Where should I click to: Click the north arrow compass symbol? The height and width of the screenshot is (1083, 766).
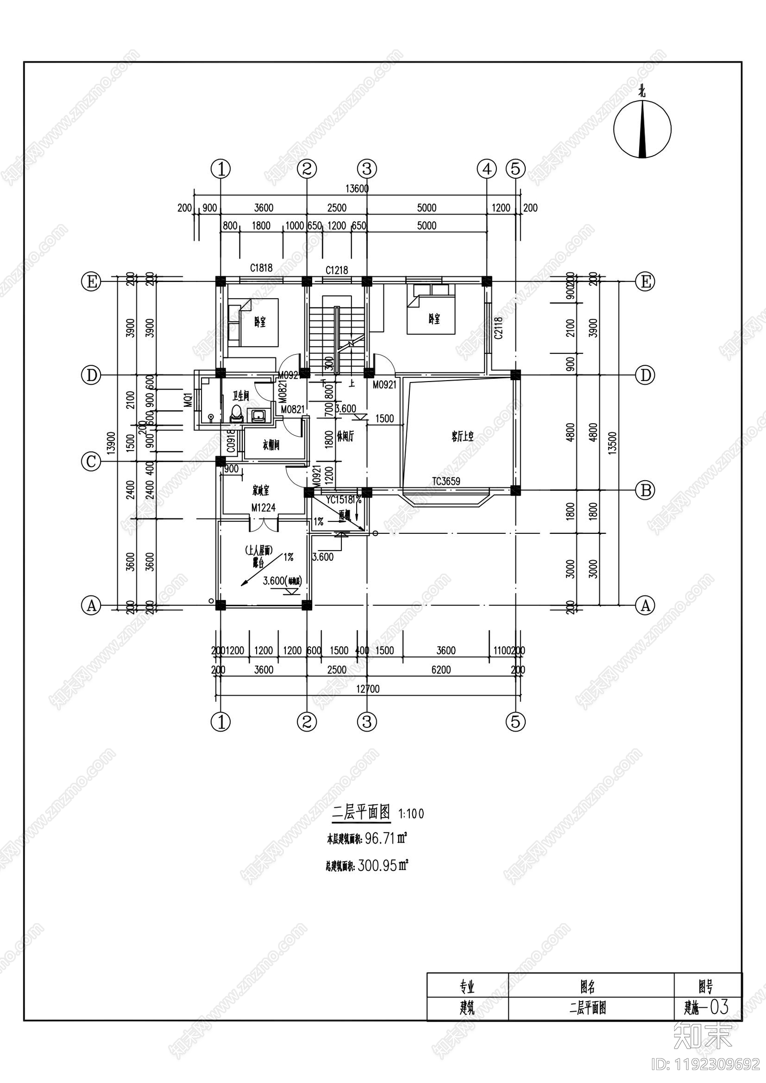coord(642,129)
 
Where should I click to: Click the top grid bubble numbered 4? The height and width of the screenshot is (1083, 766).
coord(487,169)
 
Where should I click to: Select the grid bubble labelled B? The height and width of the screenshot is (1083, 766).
coord(645,490)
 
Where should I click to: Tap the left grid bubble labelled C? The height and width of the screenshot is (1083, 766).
coord(91,462)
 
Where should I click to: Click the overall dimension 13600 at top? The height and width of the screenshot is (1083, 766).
coord(357,189)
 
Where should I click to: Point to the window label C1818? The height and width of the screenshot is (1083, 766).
coord(261,268)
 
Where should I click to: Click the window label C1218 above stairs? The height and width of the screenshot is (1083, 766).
coord(337,270)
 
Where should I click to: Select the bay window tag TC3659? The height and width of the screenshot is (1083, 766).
coord(446,481)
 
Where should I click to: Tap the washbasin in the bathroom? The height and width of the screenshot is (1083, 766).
coord(258,415)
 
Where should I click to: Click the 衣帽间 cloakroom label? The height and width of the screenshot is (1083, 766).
coord(271,445)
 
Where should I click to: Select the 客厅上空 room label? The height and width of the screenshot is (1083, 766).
coord(462,436)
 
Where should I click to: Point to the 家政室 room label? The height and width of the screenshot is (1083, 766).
coord(261,491)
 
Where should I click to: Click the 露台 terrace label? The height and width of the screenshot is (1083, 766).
coord(259,563)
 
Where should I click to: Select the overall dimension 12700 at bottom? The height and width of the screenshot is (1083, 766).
coord(368,689)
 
